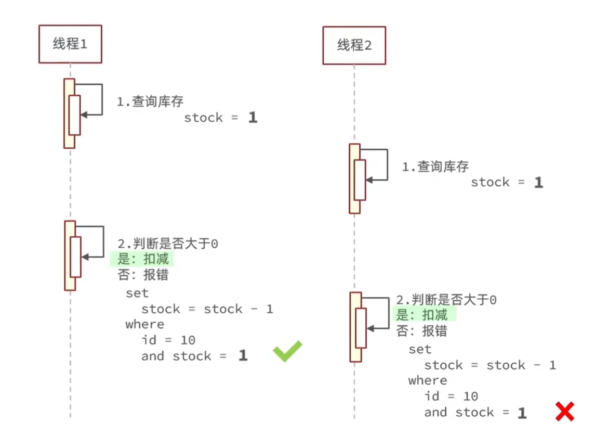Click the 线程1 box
pyautogui.click(x=70, y=44)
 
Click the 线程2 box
pyautogui.click(x=354, y=45)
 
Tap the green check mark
pyautogui.click(x=287, y=351)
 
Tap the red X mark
pyautogui.click(x=564, y=411)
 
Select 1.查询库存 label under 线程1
pyautogui.click(x=150, y=101)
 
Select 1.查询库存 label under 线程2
pyautogui.click(x=435, y=167)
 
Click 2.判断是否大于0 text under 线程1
pyautogui.click(x=167, y=243)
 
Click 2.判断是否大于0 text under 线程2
pyautogui.click(x=446, y=300)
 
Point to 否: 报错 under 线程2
pyautogui.click(x=421, y=331)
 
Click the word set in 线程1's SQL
pyautogui.click(x=137, y=293)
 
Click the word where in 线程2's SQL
pyautogui.click(x=428, y=380)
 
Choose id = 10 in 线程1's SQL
pyautogui.click(x=168, y=340)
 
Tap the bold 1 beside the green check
pyautogui.click(x=243, y=356)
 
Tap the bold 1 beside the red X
pyautogui.click(x=521, y=413)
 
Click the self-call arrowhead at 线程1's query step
pyautogui.click(x=83, y=114)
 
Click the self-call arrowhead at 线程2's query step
pyautogui.click(x=368, y=180)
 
